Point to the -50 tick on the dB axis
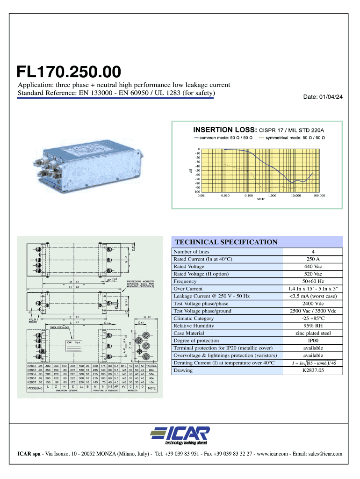pos(198,171)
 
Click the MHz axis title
pos(261,199)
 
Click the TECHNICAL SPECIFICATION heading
pos(226,242)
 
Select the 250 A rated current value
pos(313,259)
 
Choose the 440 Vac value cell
pos(313,267)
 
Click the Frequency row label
pos(185,282)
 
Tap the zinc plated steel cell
pos(313,333)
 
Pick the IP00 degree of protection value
pos(313,341)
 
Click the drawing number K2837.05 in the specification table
pos(313,370)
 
